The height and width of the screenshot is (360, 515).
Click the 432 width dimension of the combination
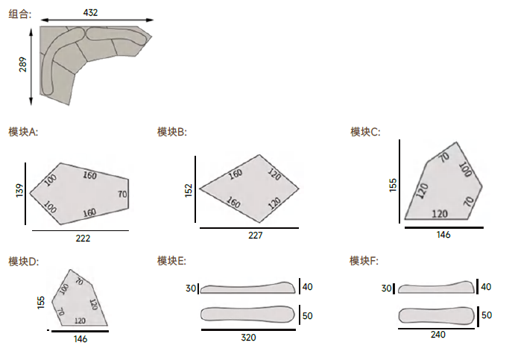[90, 13]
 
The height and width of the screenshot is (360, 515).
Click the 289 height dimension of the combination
[22, 64]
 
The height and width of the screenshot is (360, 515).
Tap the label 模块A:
[23, 132]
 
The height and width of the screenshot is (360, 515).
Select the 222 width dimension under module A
[83, 239]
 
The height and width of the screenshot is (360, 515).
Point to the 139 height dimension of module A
[19, 191]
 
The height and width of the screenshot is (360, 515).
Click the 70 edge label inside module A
[122, 195]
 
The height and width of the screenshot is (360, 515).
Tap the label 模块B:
[171, 132]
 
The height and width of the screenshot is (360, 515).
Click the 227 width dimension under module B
[255, 236]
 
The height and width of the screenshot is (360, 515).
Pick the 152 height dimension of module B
[189, 191]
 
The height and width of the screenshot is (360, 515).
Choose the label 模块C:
[365, 132]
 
